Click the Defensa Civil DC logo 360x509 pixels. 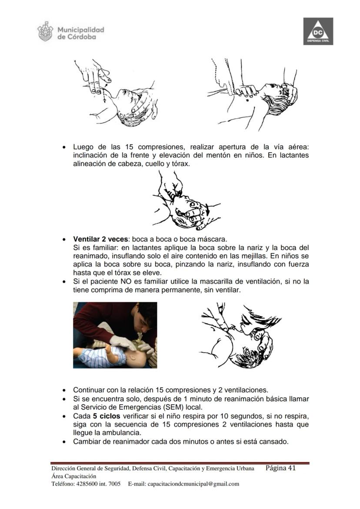pyautogui.click(x=318, y=31)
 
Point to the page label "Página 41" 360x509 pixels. pyautogui.click(x=281, y=468)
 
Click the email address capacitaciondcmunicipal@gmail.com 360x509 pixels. pyautogui.click(x=193, y=484)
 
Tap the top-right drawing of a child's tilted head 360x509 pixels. pyautogui.click(x=252, y=93)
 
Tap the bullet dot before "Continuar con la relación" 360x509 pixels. pyautogui.click(x=64, y=390)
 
